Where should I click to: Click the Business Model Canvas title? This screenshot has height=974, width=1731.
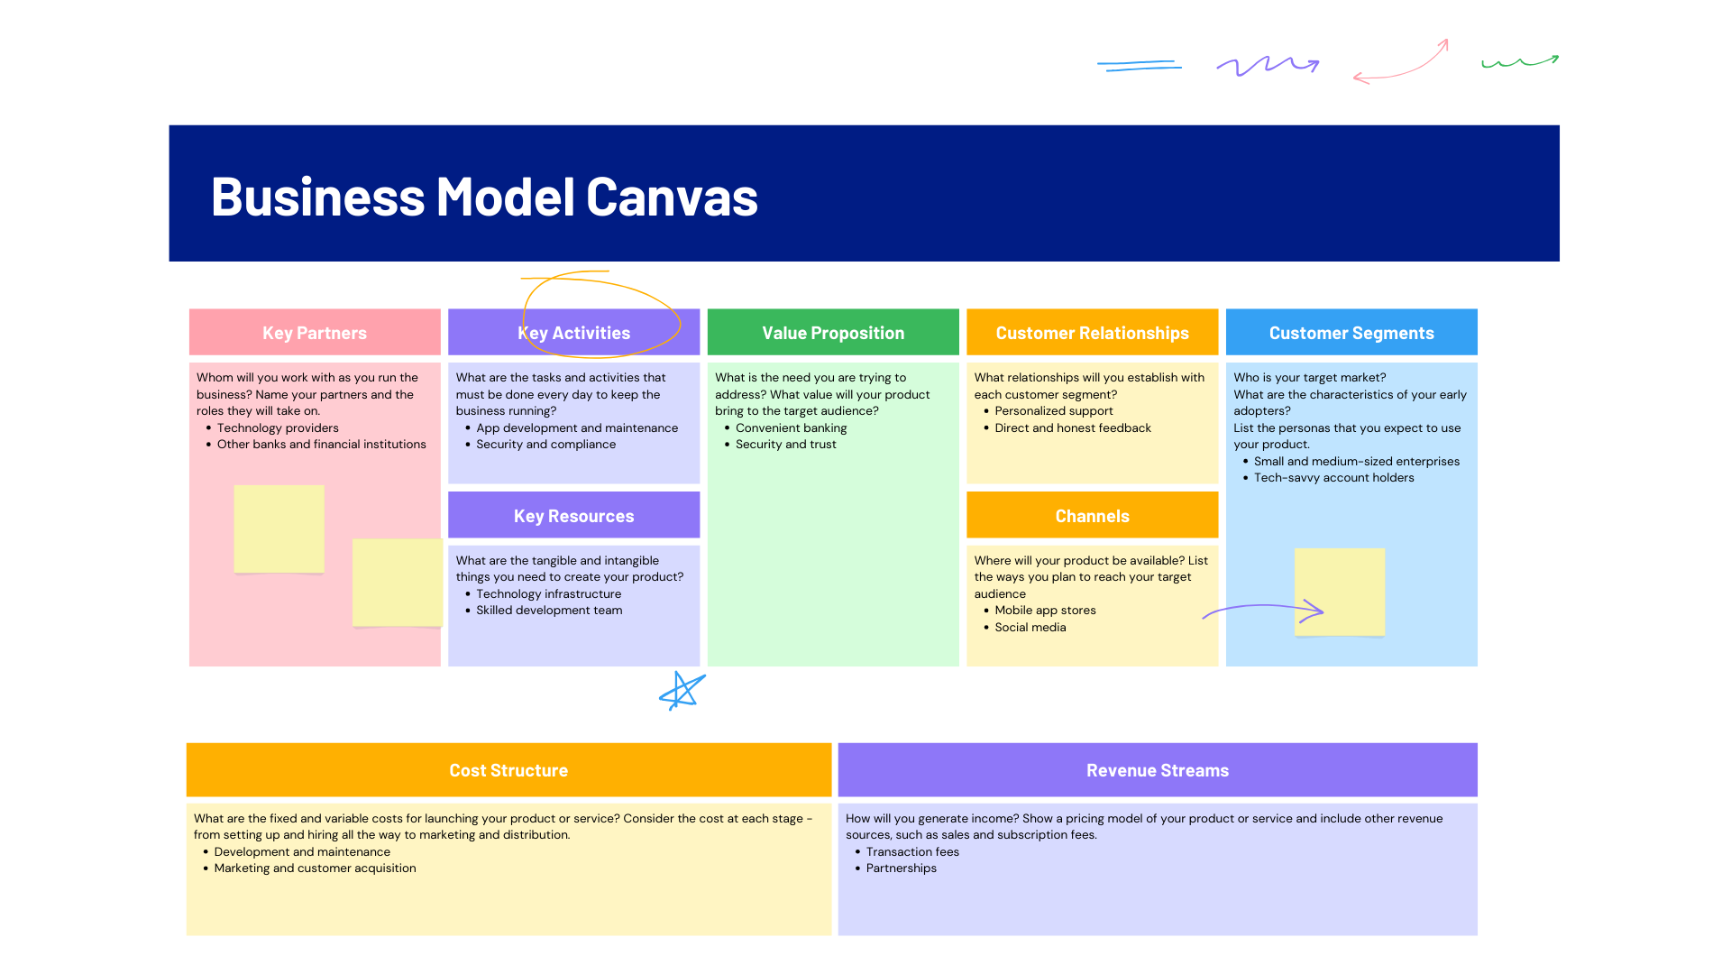(484, 197)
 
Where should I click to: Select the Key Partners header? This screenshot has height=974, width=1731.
(315, 333)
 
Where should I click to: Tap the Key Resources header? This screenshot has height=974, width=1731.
(573, 516)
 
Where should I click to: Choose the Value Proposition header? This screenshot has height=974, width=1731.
(833, 333)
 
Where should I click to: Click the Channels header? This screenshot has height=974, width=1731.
(1092, 516)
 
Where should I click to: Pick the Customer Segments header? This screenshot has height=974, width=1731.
(1351, 333)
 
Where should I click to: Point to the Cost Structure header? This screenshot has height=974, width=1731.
(508, 770)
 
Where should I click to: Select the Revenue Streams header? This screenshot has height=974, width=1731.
(1158, 770)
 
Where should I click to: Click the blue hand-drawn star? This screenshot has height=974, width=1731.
(682, 692)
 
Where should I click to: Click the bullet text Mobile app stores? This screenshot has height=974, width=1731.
(1045, 611)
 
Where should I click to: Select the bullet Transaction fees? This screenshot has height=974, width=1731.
(912, 852)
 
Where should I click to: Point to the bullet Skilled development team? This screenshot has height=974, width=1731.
(549, 611)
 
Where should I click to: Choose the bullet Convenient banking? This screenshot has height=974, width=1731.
(791, 428)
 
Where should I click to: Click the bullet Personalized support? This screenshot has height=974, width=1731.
(1053, 411)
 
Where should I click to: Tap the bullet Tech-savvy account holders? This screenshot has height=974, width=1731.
(1333, 478)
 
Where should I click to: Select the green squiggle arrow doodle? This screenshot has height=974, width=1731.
(1520, 62)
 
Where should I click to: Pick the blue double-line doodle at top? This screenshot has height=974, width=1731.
(1140, 65)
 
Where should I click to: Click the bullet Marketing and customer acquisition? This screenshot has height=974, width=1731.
(315, 868)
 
